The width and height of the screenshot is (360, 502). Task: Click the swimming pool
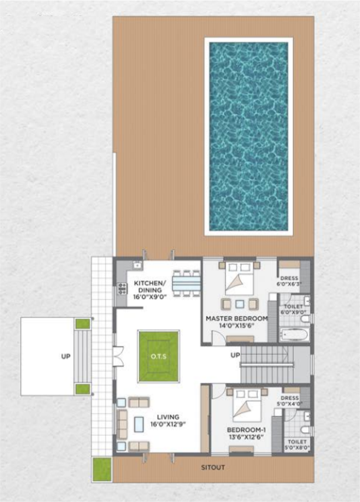pyautogui.click(x=248, y=136)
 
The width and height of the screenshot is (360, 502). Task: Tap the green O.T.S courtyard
pyautogui.click(x=159, y=356)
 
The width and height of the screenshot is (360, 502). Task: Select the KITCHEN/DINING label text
pyautogui.click(x=150, y=290)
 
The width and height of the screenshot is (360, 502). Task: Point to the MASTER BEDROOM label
pyautogui.click(x=237, y=321)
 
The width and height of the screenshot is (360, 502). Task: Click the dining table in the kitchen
pyautogui.click(x=186, y=284)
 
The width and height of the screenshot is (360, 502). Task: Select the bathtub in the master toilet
pyautogui.click(x=295, y=335)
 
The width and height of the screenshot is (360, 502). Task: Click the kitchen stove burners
pyautogui.click(x=122, y=289)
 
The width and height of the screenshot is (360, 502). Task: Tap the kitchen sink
pyautogui.click(x=136, y=265)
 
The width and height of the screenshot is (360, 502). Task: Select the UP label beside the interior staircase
pyautogui.click(x=235, y=355)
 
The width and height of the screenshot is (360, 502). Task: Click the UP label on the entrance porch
pyautogui.click(x=66, y=356)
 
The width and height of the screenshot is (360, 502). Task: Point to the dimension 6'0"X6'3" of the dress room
pyautogui.click(x=290, y=284)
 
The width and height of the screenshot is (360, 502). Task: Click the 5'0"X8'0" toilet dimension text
pyautogui.click(x=297, y=448)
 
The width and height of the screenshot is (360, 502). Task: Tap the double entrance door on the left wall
pyautogui.click(x=118, y=356)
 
